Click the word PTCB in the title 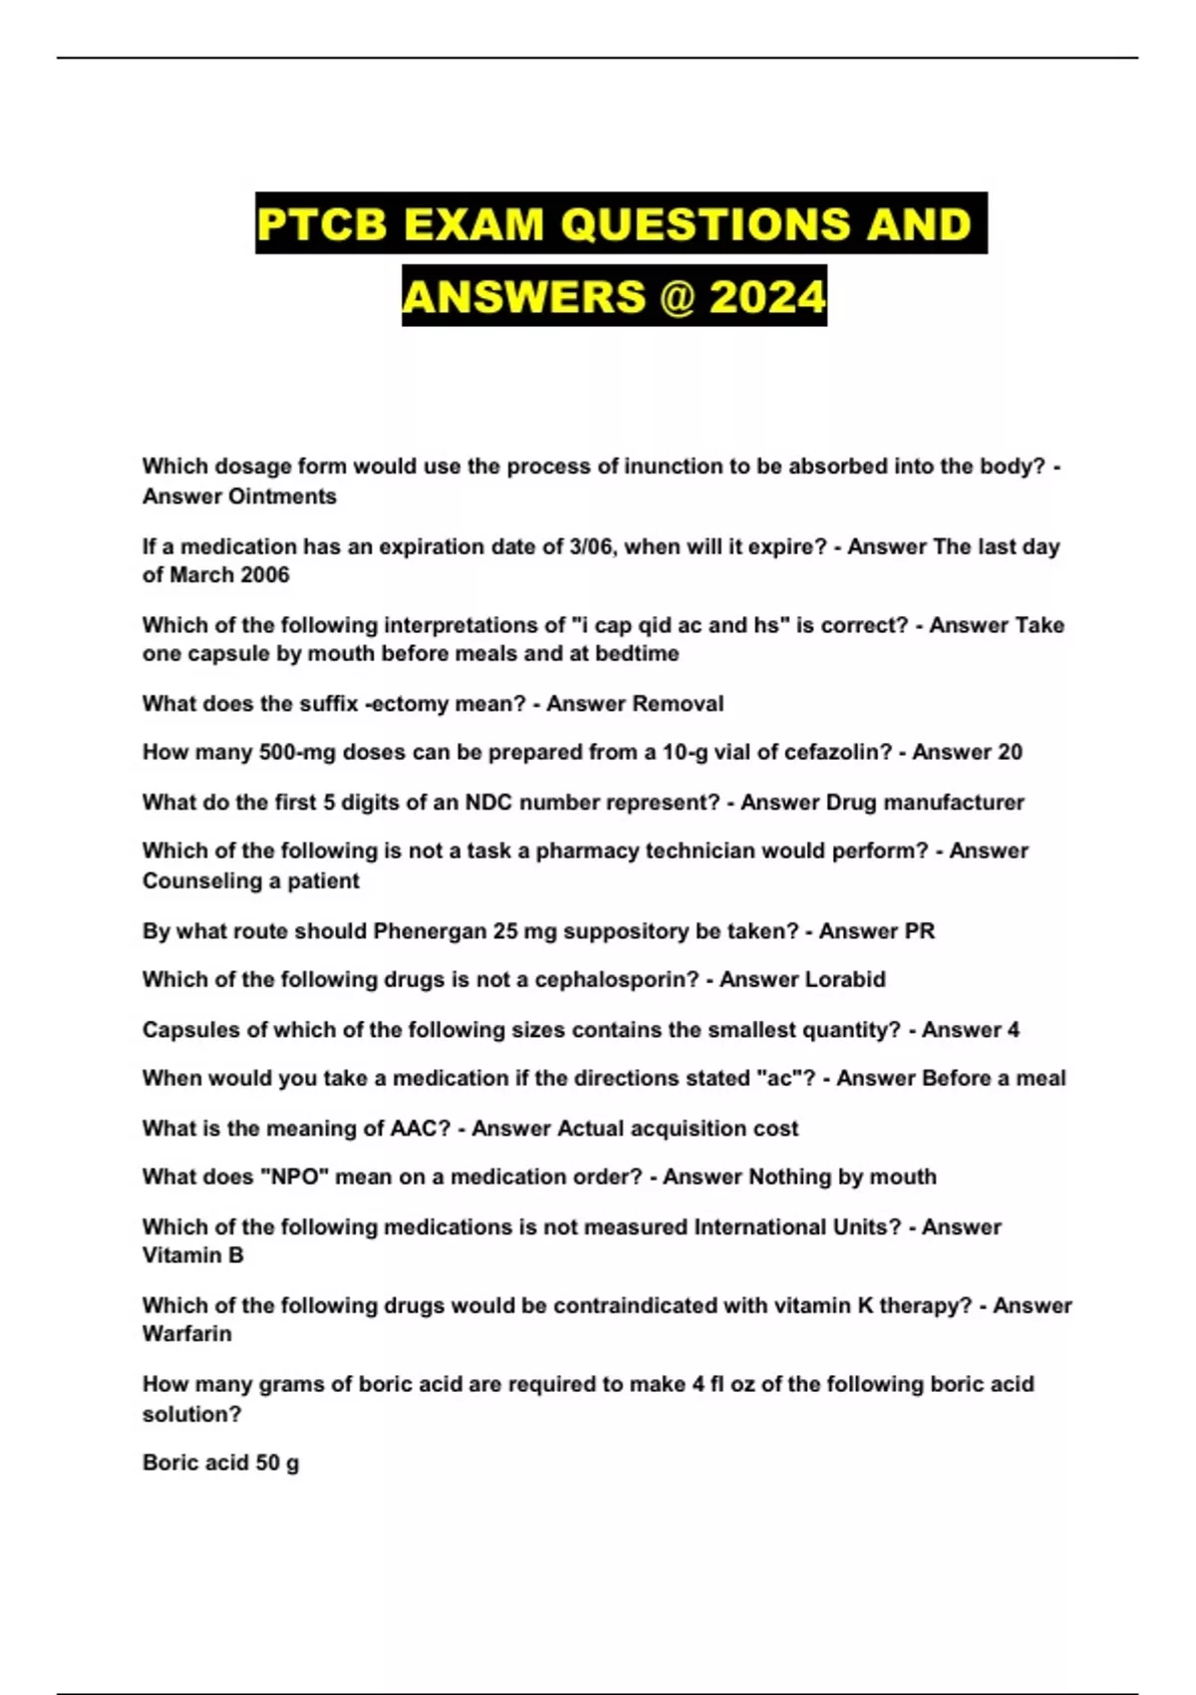pos(322,224)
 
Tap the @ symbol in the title pos(677,297)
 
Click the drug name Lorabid pos(844,980)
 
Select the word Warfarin pos(186,1334)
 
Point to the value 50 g pos(277,1463)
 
